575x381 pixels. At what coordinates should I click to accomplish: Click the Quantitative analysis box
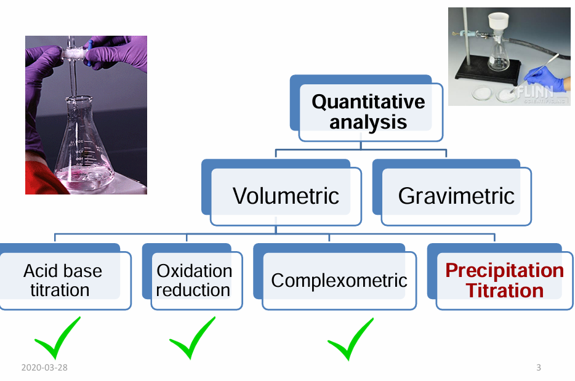tap(368, 111)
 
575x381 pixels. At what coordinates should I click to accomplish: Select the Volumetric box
tap(286, 195)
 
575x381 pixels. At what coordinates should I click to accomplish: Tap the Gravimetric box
tap(456, 195)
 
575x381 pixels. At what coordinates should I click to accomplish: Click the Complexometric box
tap(339, 280)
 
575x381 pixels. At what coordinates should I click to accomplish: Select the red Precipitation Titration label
tap(504, 280)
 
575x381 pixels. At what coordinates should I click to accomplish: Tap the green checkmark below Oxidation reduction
tap(191, 339)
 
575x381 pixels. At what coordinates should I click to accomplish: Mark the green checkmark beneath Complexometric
tap(350, 339)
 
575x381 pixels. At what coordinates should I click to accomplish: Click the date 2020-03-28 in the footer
tap(44, 367)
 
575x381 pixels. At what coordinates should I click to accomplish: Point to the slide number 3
tap(539, 367)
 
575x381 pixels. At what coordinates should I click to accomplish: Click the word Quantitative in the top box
tap(368, 102)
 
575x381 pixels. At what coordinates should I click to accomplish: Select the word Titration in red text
tap(504, 290)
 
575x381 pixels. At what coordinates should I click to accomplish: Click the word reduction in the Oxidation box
tap(193, 289)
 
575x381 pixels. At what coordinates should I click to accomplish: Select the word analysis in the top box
tap(368, 121)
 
